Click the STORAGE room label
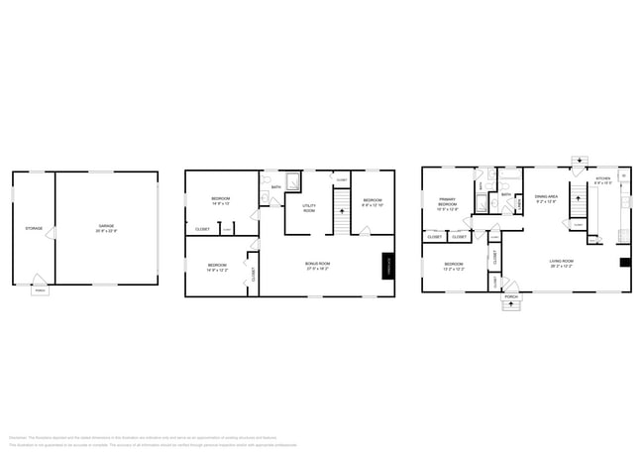[33, 229]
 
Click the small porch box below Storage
[40, 290]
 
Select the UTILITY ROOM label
[308, 209]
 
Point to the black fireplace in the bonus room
[389, 266]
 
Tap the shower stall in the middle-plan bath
[293, 184]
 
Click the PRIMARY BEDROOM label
[448, 205]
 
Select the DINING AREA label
[547, 198]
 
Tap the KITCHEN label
[602, 181]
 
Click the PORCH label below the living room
[511, 297]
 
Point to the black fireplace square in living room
[624, 263]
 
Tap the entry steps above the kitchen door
[579, 161]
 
